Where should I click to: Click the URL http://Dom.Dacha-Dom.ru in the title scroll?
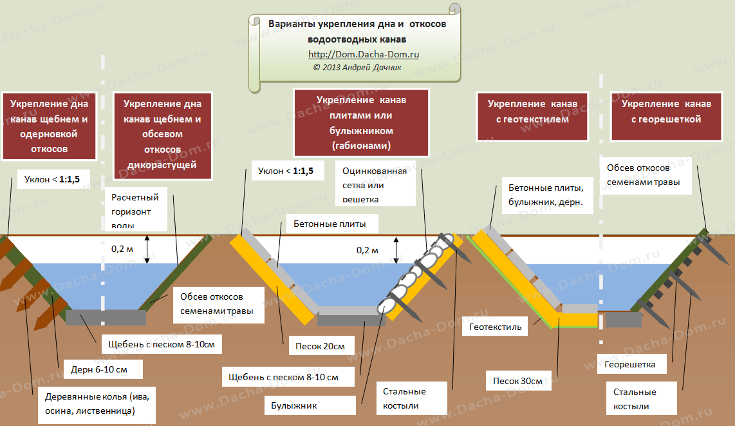[x=364, y=55]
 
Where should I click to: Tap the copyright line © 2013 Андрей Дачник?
[x=357, y=67]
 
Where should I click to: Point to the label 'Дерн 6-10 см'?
[x=99, y=369]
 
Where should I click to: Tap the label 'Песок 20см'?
[x=320, y=346]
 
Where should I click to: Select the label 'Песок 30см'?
[x=517, y=380]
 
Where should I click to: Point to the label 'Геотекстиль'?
[x=495, y=327]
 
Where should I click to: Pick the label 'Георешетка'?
[x=630, y=364]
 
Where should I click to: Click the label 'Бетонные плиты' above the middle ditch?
[x=330, y=224]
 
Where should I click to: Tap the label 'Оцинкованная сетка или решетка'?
[x=375, y=185]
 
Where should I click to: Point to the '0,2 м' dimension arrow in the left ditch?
[x=147, y=249]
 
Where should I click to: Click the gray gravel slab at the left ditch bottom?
[x=106, y=318]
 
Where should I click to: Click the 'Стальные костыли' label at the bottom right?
[x=635, y=399]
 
